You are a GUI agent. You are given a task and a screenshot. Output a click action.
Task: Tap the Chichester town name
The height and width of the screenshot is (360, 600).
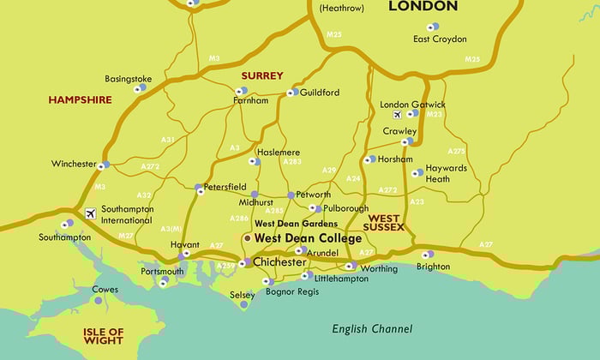pyautogui.click(x=279, y=262)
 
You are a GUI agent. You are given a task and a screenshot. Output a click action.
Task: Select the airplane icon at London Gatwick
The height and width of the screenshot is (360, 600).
pyautogui.click(x=396, y=114)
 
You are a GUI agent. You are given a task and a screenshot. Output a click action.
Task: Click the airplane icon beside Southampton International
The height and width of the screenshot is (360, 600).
pyautogui.click(x=91, y=213)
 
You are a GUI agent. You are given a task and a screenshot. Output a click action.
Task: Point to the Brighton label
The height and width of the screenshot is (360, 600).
pyautogui.click(x=433, y=267)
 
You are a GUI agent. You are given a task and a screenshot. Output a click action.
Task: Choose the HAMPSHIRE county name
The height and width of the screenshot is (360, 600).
pyautogui.click(x=80, y=100)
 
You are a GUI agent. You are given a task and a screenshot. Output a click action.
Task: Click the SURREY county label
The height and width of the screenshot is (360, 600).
pyautogui.click(x=261, y=75)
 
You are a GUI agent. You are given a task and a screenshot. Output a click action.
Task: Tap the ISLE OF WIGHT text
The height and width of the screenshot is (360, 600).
pyautogui.click(x=104, y=335)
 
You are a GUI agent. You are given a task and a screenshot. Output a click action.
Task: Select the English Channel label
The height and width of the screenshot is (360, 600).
pyautogui.click(x=372, y=329)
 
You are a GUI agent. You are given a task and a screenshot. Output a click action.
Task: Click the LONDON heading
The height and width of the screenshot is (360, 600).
pyautogui.click(x=423, y=7)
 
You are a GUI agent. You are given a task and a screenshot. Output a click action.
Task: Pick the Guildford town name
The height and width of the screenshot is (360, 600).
pyautogui.click(x=319, y=93)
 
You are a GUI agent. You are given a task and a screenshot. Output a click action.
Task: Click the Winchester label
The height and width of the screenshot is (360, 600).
pyautogui.click(x=74, y=164)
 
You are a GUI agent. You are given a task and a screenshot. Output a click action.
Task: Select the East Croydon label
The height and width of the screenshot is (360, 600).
pyautogui.click(x=440, y=39)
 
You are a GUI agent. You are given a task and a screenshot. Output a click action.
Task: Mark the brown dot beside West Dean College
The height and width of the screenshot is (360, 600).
pyautogui.click(x=247, y=237)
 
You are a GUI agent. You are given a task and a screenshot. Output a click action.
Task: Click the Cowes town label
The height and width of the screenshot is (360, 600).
pyautogui.click(x=105, y=290)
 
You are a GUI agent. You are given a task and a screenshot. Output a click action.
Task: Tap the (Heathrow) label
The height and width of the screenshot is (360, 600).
pyautogui.click(x=341, y=8)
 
